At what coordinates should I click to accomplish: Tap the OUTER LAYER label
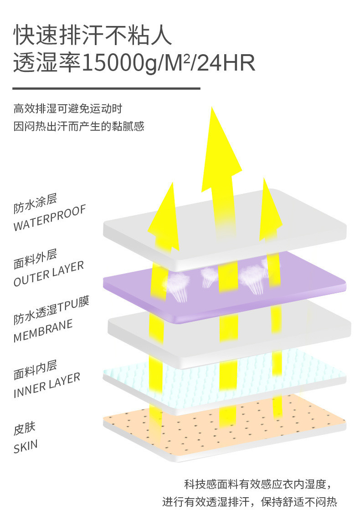(x=49, y=274)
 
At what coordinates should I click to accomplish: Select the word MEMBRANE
(x=43, y=331)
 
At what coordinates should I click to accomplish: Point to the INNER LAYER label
(x=47, y=385)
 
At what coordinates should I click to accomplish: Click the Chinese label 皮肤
(x=24, y=429)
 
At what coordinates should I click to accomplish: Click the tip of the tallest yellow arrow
(x=211, y=109)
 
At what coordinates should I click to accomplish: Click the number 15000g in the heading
(x=119, y=63)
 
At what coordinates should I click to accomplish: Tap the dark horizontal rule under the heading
(x=106, y=88)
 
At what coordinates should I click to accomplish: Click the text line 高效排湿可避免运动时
(x=68, y=109)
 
